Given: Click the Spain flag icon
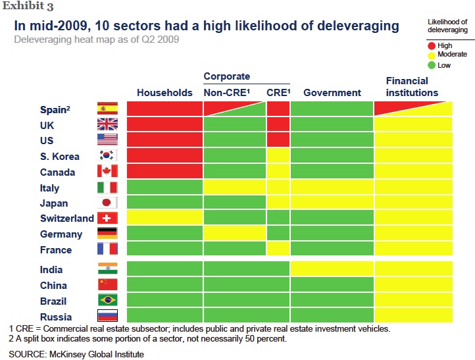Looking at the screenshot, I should click(x=107, y=109).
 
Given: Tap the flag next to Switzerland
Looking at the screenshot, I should click(x=107, y=219).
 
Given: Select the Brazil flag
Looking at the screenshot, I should click(x=107, y=301).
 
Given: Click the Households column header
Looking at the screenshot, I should click(x=164, y=93).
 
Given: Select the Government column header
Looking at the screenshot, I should click(x=332, y=93).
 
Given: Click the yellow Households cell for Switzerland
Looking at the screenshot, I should click(x=164, y=218).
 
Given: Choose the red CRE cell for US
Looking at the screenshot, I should click(x=278, y=140).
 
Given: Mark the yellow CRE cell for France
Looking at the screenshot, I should click(x=278, y=249).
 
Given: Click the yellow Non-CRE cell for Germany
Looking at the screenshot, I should click(x=235, y=234).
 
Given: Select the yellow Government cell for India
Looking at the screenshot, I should click(x=332, y=269).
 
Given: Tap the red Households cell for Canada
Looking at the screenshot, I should click(x=164, y=172).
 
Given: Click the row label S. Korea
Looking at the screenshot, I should click(x=60, y=157).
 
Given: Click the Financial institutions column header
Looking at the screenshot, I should click(x=412, y=87).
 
